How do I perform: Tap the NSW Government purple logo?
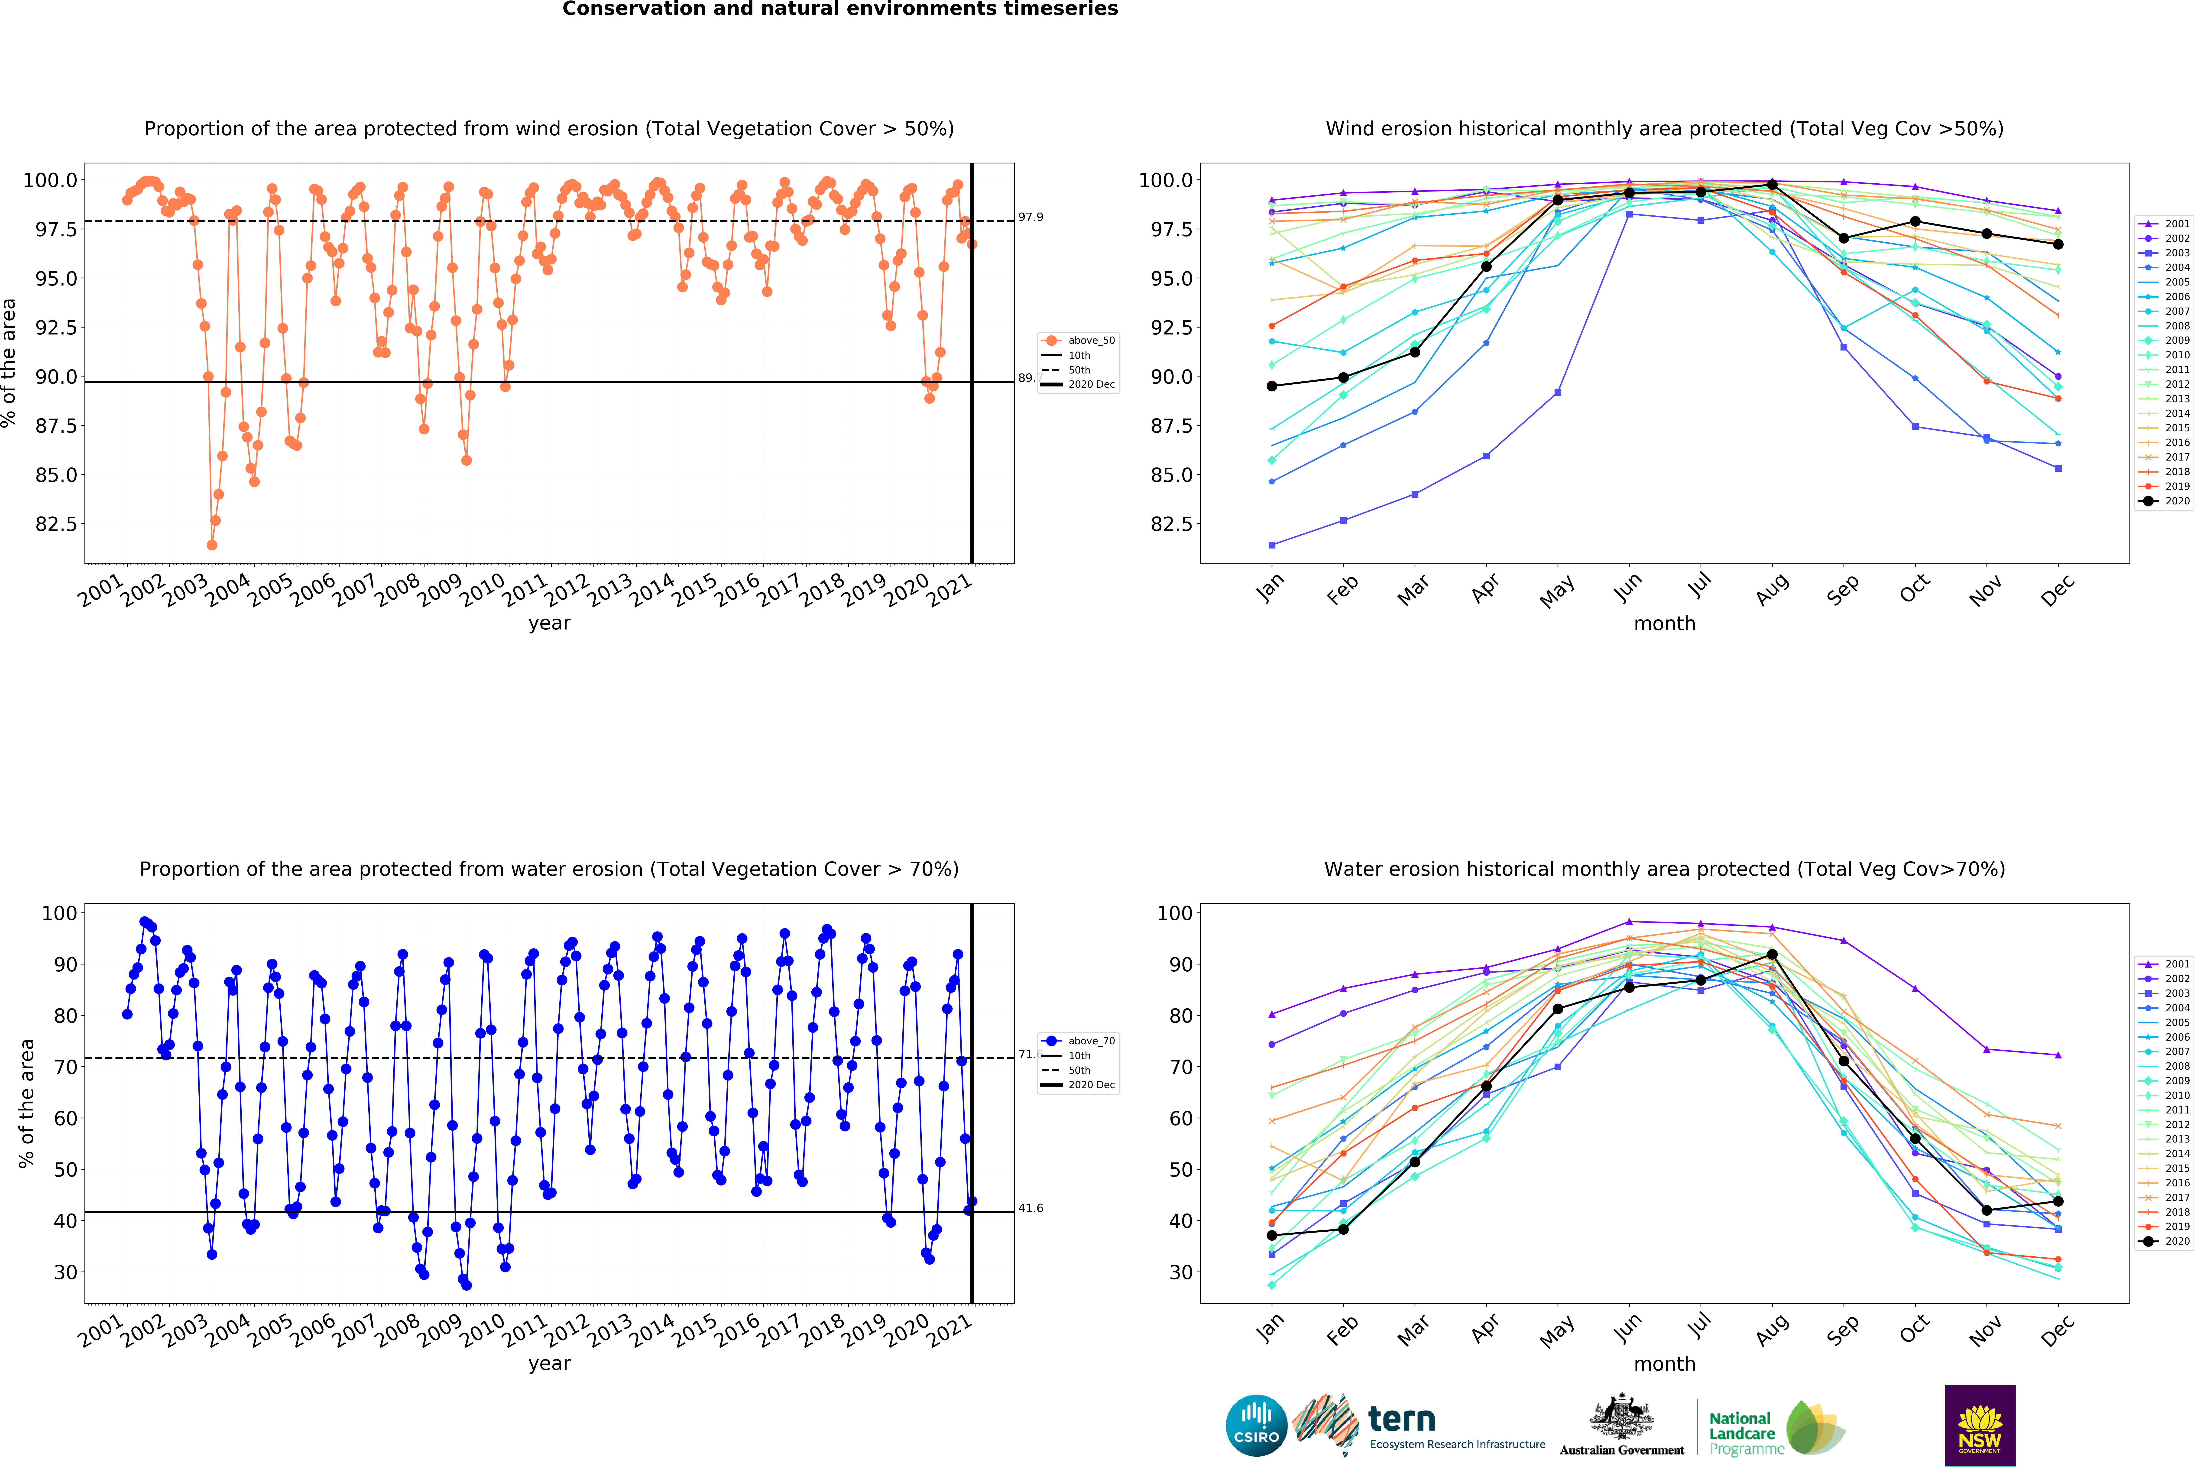click(x=1980, y=1425)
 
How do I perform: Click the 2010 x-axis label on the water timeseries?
click(x=481, y=1329)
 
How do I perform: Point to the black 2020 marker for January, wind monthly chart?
click(x=1272, y=386)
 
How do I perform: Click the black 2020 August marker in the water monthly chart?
click(x=1772, y=954)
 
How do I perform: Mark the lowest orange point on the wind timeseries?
click(x=211, y=545)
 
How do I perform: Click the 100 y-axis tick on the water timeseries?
click(x=58, y=913)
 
